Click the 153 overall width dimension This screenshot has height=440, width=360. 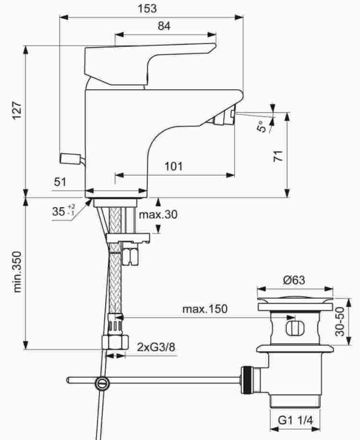[x=147, y=8]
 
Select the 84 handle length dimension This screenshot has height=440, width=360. [x=164, y=26]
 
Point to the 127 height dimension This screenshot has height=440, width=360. [x=17, y=110]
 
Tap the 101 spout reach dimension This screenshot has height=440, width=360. [x=173, y=167]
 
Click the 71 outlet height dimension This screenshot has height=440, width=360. [x=278, y=156]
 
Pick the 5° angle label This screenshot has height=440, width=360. [x=261, y=127]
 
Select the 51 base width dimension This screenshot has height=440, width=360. [x=60, y=182]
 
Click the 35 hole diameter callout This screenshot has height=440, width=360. [x=63, y=211]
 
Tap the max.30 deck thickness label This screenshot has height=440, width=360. [x=159, y=215]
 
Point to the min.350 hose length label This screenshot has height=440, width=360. [x=17, y=272]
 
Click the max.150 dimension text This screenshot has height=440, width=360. [x=205, y=309]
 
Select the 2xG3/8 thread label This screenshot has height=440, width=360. [x=156, y=347]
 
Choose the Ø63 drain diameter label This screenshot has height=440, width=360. [x=294, y=280]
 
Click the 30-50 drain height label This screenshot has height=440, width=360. [x=339, y=321]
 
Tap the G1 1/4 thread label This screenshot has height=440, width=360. [x=295, y=420]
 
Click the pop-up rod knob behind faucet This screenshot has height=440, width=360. [x=70, y=158]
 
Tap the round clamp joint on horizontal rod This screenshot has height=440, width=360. [x=102, y=383]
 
